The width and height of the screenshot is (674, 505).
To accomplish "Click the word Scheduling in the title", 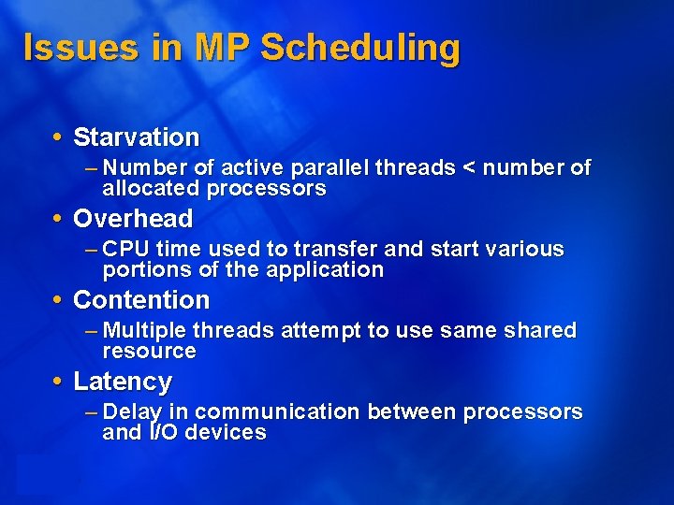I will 360,48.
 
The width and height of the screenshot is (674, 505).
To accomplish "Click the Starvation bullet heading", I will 136,137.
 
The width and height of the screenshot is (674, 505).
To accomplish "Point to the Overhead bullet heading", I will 132,219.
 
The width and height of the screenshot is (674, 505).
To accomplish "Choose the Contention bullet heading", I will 140,300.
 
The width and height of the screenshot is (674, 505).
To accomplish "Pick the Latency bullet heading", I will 122,382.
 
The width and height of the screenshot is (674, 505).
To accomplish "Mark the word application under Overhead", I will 326,270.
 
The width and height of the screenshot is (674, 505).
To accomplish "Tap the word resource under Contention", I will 149,352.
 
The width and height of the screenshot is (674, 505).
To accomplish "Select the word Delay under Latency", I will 131,412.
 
